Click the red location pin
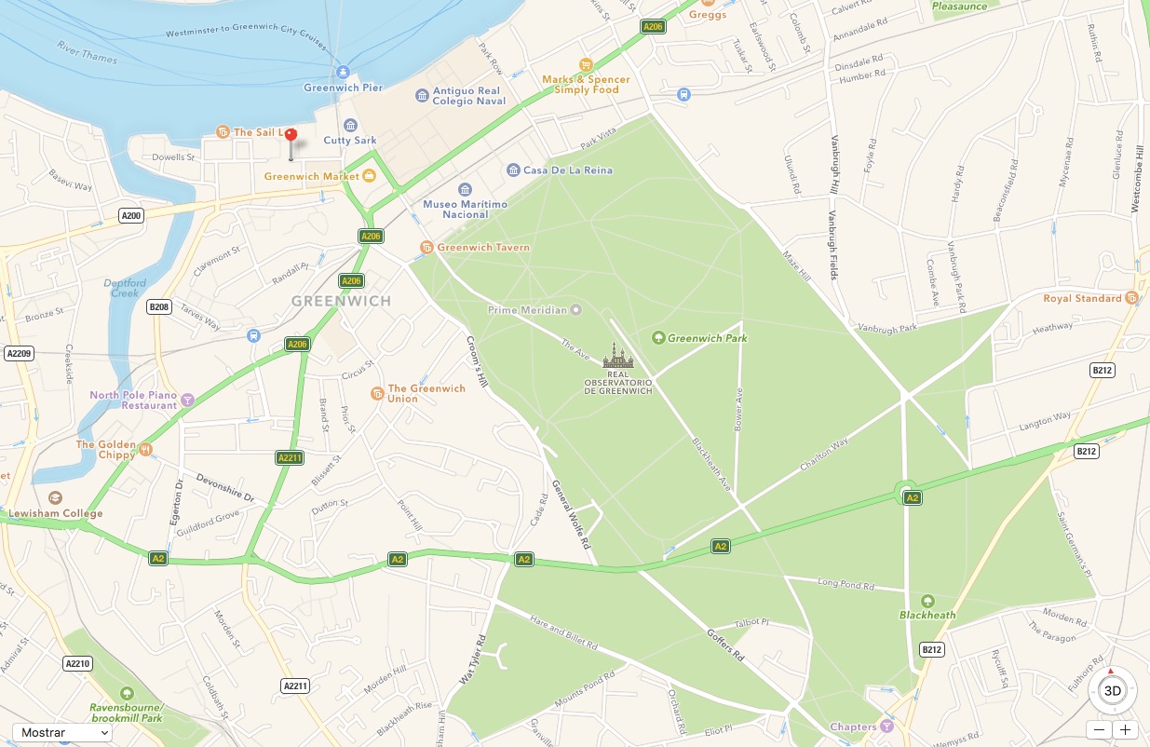(291, 136)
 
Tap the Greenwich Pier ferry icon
(344, 72)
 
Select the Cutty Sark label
(350, 141)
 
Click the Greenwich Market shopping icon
(370, 175)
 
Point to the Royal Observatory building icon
(617, 355)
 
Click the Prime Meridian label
(527, 309)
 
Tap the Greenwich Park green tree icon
(658, 337)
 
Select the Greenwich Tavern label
(482, 248)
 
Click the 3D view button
(1112, 690)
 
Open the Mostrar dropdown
(62, 732)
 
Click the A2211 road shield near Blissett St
(290, 457)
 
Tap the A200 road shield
(132, 216)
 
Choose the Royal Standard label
(1082, 298)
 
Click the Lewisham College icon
(55, 498)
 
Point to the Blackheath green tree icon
(927, 600)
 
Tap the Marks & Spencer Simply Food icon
(586, 64)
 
